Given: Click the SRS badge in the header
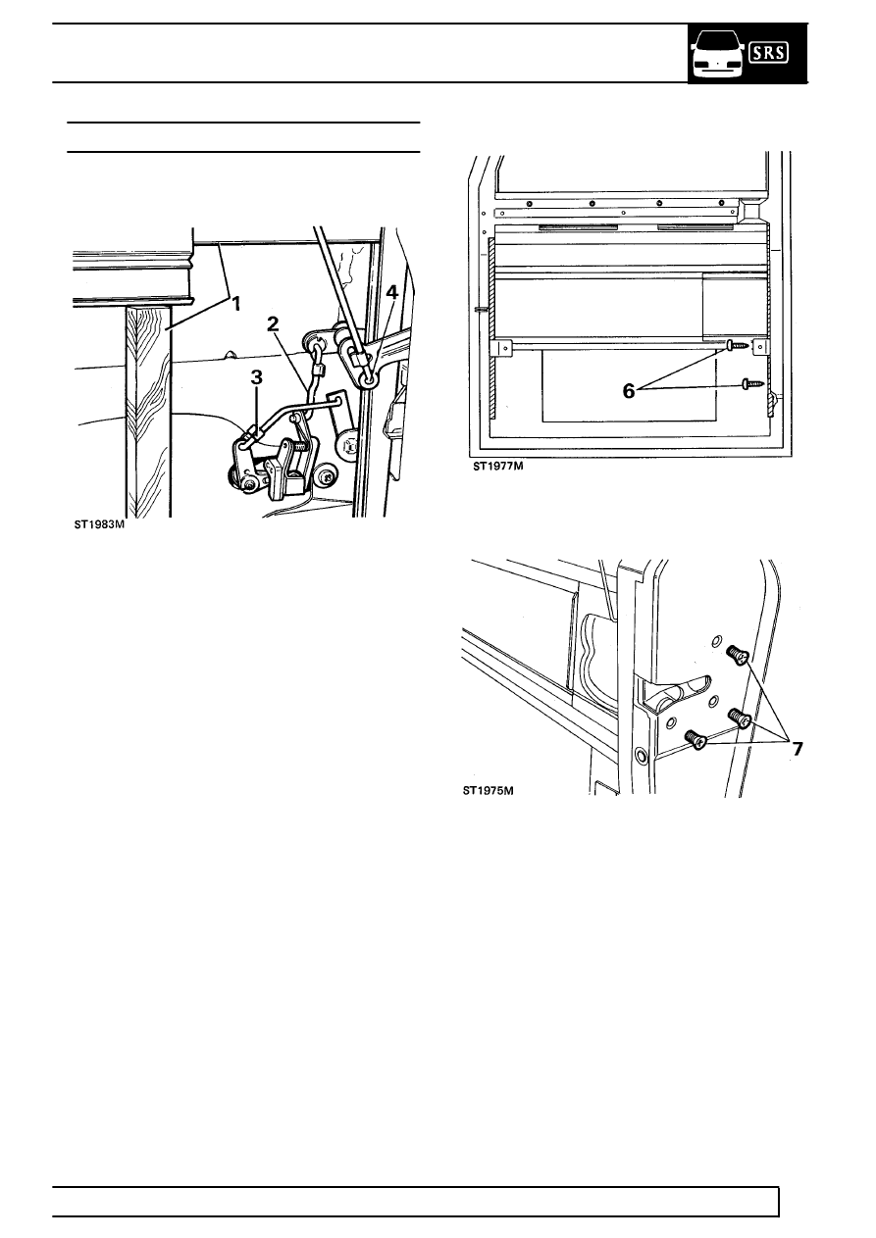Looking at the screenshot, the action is coord(768,53).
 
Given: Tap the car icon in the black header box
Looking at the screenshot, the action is coord(717,54).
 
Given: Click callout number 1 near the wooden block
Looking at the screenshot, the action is coord(235,304).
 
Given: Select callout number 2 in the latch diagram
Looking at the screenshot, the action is coord(273,324).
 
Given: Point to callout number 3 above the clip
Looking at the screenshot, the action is coord(256,377).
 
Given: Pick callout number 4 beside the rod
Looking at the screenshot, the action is coord(391,292).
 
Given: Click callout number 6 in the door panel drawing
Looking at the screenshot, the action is coord(629,391).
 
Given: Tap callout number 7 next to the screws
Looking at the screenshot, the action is coord(797,749).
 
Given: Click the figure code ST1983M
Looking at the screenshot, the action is coord(99,525).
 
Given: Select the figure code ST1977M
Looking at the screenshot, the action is coord(497,466).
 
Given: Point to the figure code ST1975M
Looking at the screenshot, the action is coord(489,791).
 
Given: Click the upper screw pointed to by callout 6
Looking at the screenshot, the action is coord(740,345).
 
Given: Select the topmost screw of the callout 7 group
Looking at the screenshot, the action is coord(737,655).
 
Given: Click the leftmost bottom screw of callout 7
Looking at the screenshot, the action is coord(696,739).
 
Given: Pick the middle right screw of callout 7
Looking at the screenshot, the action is coord(739,718).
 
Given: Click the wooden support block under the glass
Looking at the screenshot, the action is coord(148,412).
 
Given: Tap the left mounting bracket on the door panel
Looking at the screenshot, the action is coord(502,347).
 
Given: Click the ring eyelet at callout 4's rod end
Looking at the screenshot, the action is coord(368,379).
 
